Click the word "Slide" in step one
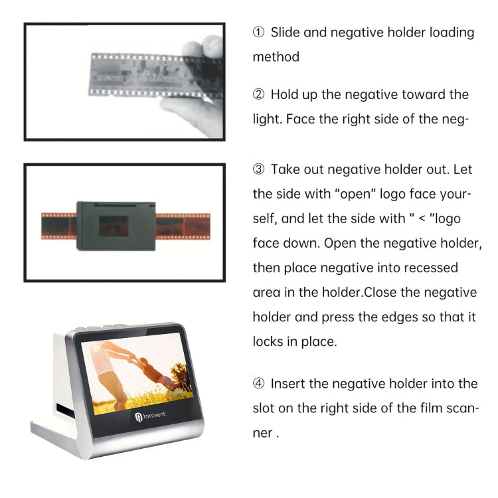pyautogui.click(x=286, y=33)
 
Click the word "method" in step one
pyautogui.click(x=276, y=57)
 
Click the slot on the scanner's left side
pyautogui.click(x=65, y=409)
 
